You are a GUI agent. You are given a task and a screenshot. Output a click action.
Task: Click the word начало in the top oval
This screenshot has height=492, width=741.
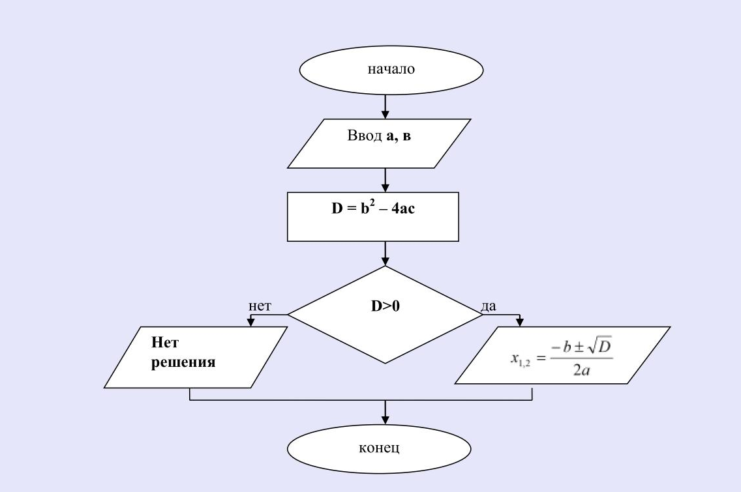[x=391, y=69]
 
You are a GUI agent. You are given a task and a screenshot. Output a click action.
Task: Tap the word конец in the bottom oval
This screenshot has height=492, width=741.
[x=379, y=448]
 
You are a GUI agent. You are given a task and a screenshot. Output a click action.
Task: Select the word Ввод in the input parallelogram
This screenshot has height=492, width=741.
[x=365, y=136]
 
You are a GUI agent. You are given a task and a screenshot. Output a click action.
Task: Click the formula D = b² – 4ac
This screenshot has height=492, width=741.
[x=373, y=208]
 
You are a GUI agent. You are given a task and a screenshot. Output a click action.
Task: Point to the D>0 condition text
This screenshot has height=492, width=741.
[x=385, y=306]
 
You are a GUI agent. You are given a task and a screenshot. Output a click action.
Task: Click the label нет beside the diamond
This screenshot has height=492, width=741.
[x=260, y=306]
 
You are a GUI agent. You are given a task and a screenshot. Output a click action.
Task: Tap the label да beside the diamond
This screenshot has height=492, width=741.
[x=489, y=306]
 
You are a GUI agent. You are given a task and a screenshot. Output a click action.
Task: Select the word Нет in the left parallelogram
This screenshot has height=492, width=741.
[x=165, y=342]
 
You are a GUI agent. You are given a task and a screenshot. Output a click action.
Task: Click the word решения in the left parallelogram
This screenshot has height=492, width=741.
[x=183, y=362]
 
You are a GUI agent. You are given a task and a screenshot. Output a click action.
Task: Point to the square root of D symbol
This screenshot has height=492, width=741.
[x=599, y=347]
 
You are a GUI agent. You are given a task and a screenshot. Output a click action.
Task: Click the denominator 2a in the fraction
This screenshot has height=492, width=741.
[x=582, y=369]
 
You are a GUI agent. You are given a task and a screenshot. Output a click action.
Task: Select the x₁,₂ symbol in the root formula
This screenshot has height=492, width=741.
[x=521, y=359]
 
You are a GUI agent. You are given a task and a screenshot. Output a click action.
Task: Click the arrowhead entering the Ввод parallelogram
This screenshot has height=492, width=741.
[x=385, y=114]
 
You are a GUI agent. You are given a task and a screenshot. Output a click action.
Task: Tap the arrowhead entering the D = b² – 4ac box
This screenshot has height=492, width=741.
[x=385, y=188]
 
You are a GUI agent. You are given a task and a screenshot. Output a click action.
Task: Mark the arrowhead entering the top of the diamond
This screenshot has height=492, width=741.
[x=385, y=261]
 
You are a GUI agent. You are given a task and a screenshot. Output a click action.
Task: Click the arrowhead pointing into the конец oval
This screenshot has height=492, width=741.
[x=385, y=420]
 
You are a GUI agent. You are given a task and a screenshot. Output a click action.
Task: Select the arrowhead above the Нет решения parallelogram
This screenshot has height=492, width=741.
[x=251, y=322]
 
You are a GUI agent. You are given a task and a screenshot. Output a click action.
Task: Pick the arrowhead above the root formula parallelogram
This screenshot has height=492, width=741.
[x=520, y=322]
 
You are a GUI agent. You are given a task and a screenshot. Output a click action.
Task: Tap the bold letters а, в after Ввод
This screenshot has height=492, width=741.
[x=399, y=136]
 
